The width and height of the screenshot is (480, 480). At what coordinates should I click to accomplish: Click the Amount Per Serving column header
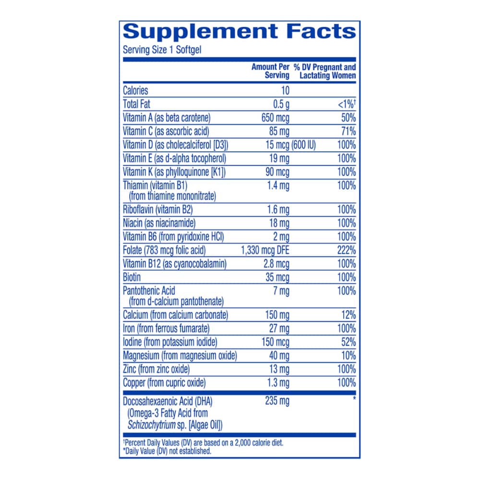(270, 71)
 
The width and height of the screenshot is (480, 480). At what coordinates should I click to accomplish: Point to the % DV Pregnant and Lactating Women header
(325, 71)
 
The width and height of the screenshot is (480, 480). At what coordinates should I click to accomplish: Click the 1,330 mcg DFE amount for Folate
(265, 250)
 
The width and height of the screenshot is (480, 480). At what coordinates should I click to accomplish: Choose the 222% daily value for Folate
(347, 250)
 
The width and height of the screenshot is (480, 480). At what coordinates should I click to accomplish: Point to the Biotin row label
(132, 277)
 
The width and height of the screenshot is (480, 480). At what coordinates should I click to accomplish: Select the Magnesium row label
(180, 356)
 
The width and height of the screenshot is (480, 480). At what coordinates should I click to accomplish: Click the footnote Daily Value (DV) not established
(168, 451)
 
